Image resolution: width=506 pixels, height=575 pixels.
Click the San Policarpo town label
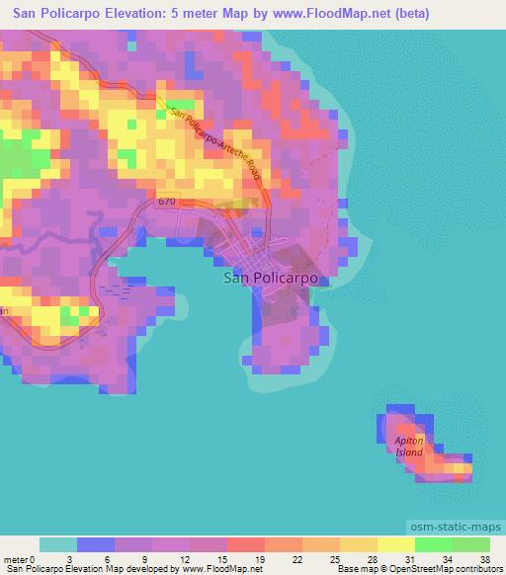click(x=271, y=279)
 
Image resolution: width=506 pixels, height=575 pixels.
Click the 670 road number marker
click(x=167, y=203)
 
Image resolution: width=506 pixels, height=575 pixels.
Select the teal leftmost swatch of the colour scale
click(x=58, y=544)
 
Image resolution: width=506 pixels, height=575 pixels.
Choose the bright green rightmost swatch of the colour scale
click(x=470, y=544)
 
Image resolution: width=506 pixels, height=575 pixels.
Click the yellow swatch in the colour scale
click(x=395, y=544)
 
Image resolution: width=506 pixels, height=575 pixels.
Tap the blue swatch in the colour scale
click(x=96, y=544)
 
